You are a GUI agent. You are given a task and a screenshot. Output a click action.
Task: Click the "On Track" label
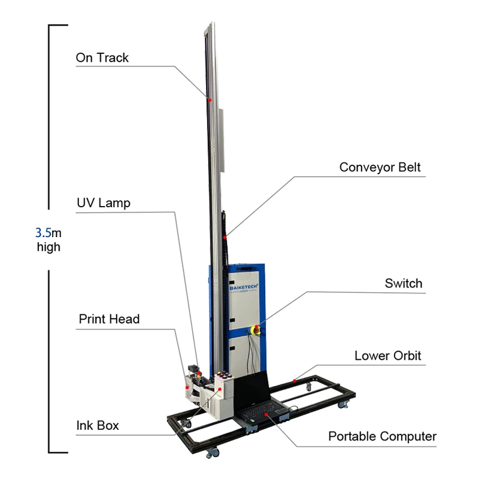[102, 58]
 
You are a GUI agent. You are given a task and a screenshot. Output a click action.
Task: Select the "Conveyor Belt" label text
[380, 167]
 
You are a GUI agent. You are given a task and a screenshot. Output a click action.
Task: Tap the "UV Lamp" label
[103, 203]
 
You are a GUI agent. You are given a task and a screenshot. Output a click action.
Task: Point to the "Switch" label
[403, 283]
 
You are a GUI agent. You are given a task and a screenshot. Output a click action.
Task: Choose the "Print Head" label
[109, 319]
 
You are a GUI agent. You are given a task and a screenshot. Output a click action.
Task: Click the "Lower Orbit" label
[387, 356]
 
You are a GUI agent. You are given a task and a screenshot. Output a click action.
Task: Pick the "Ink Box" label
[97, 426]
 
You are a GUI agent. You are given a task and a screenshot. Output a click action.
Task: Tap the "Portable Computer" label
[382, 436]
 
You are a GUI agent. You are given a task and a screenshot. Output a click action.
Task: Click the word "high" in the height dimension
[48, 247]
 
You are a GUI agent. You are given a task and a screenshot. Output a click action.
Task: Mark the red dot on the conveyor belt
[226, 238]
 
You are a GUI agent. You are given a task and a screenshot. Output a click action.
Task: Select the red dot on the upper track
[210, 100]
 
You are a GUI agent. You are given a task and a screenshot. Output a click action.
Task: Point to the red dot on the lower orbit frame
[296, 380]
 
